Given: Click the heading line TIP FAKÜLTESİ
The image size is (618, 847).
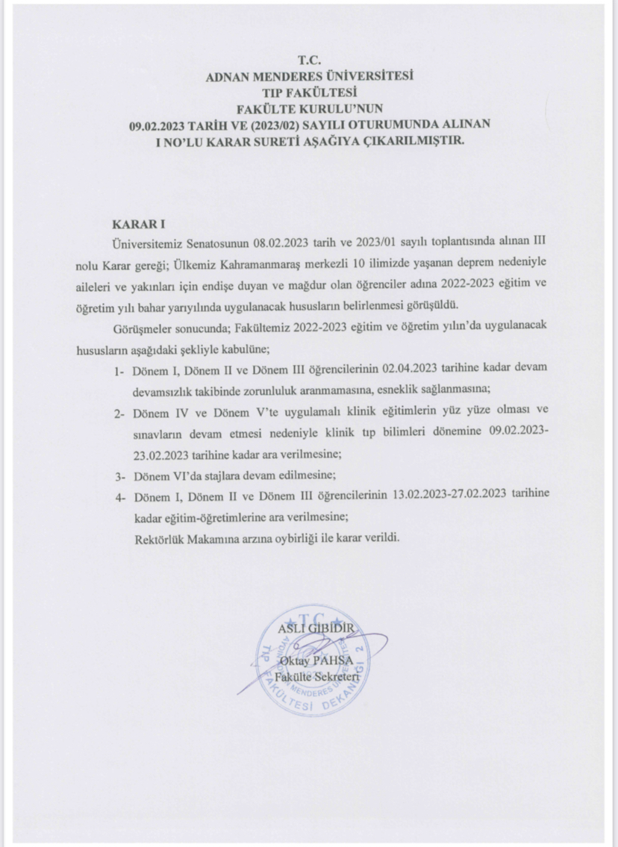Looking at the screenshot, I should [x=309, y=92].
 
